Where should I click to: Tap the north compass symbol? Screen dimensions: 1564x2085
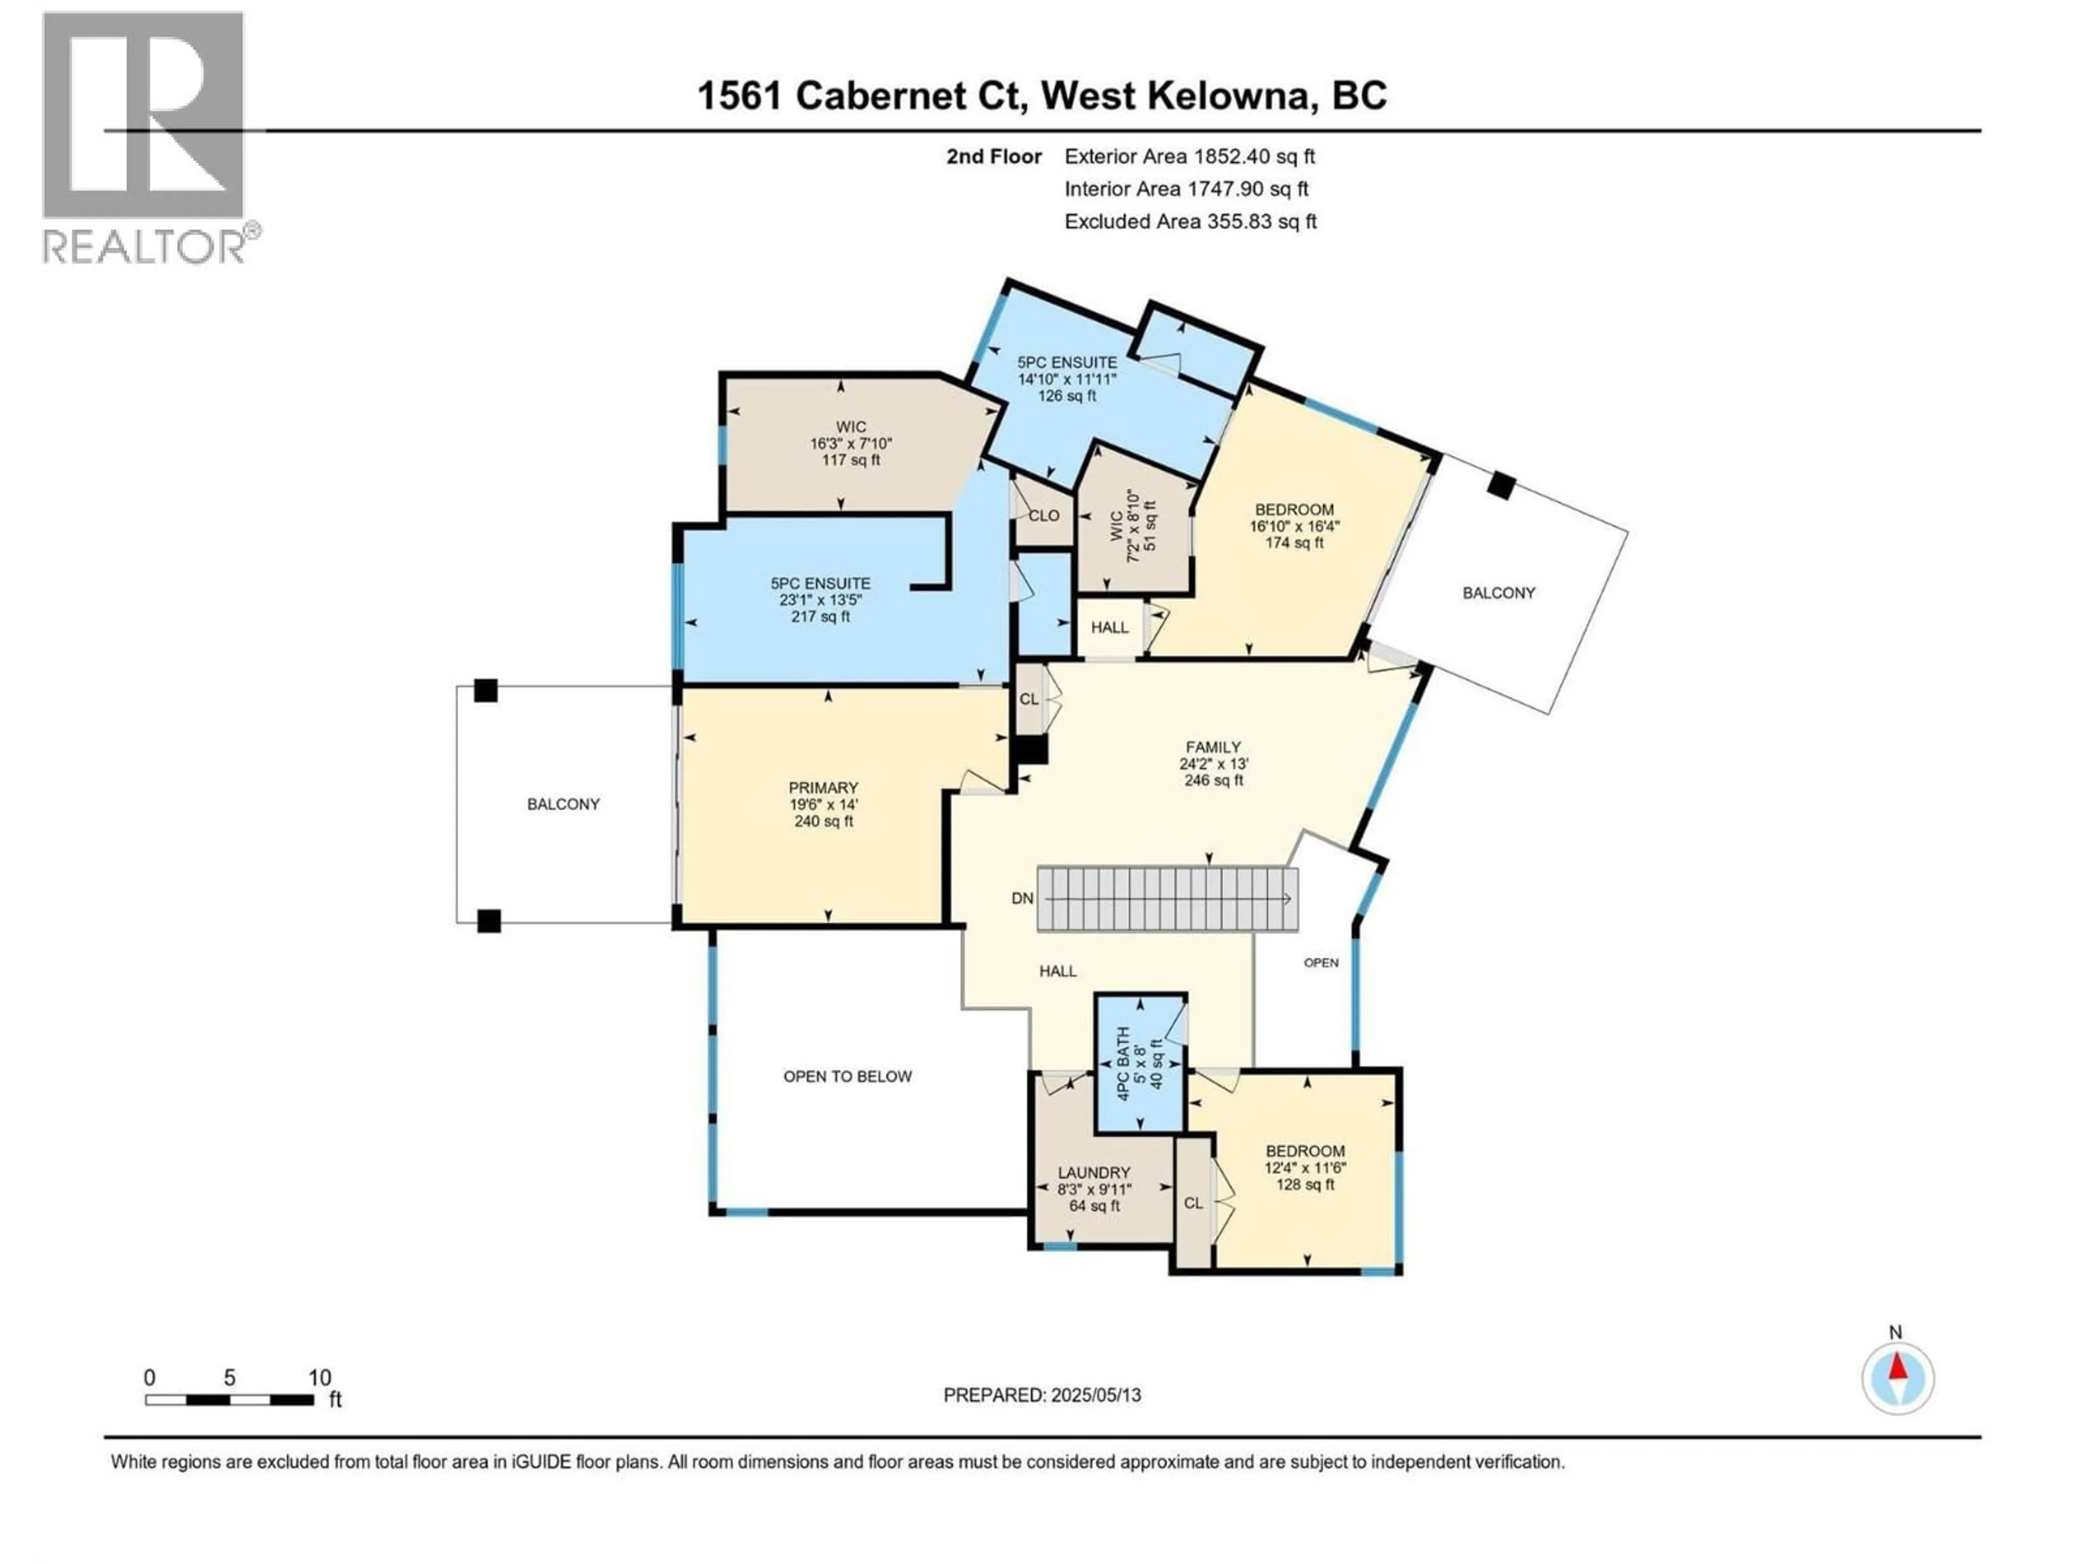tap(1898, 1378)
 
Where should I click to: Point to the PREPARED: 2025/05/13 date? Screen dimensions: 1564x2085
tap(1041, 1395)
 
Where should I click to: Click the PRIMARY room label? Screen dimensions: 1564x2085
tap(823, 803)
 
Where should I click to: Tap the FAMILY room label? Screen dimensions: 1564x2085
tap(1213, 762)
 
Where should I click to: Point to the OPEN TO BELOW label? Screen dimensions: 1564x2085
tap(848, 1076)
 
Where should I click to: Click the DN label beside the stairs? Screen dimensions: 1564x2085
tap(1022, 898)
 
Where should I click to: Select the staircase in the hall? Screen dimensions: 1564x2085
tap(1167, 898)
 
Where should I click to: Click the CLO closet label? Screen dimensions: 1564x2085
tap(1044, 516)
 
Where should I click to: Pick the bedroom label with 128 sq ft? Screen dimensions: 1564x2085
tap(1305, 1167)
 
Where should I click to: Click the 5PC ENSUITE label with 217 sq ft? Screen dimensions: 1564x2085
tap(820, 600)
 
